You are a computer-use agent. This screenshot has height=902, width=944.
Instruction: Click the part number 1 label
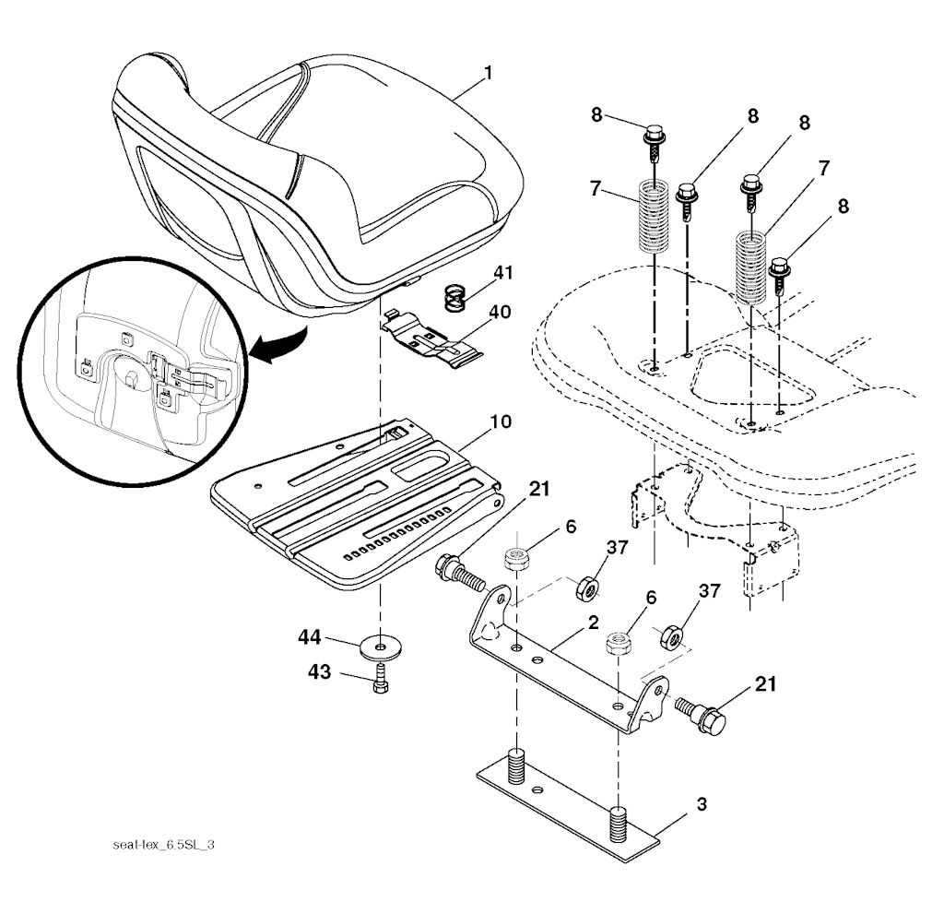(x=487, y=72)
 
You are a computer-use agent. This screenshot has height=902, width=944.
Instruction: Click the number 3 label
(x=701, y=804)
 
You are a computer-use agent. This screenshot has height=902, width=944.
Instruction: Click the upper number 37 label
(x=617, y=548)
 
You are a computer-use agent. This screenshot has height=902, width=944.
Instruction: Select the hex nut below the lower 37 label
(x=671, y=635)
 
